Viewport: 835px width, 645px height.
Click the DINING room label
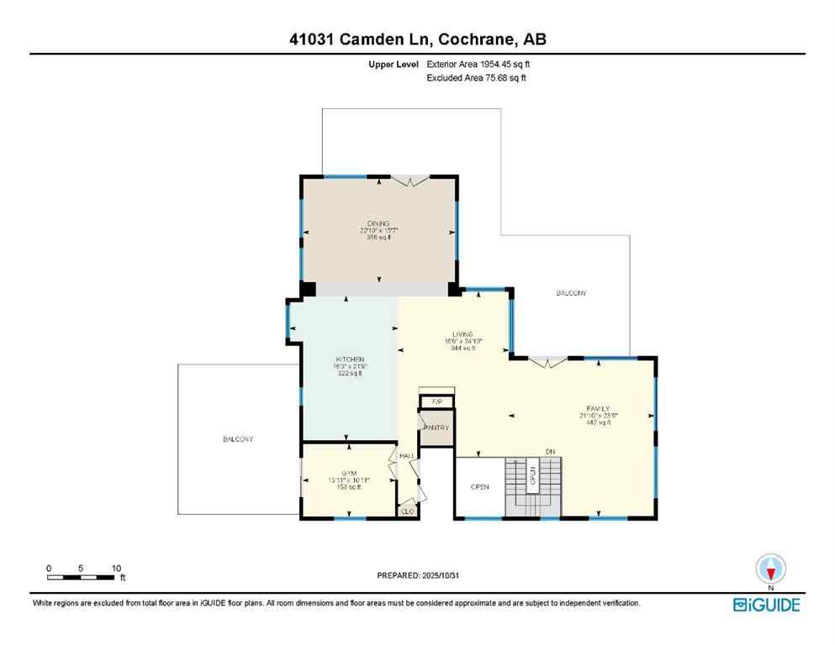[x=378, y=223]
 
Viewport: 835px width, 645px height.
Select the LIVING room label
[x=462, y=333]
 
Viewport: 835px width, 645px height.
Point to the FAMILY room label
[x=594, y=408]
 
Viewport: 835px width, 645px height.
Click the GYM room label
[x=349, y=473]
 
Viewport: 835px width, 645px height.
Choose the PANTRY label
[x=436, y=427]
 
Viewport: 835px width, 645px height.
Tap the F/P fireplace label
[x=436, y=402]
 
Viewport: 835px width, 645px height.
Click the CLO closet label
[x=408, y=511]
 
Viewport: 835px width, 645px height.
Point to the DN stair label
[x=551, y=452]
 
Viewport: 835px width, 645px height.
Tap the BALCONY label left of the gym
[x=238, y=439]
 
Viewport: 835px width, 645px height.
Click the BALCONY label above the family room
[x=571, y=293]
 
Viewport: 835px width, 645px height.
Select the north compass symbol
[x=770, y=569]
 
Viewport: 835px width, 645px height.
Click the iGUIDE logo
[x=766, y=604]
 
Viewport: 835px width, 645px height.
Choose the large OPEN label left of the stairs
[x=479, y=486]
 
